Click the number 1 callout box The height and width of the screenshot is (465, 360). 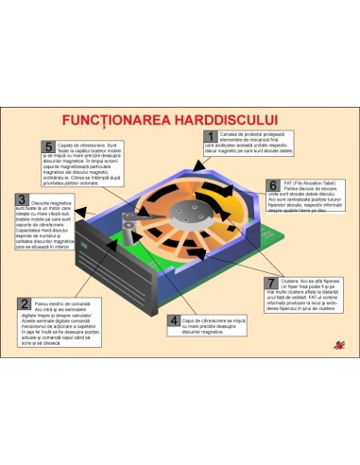(211, 137)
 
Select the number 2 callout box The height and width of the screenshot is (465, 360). (24, 303)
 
